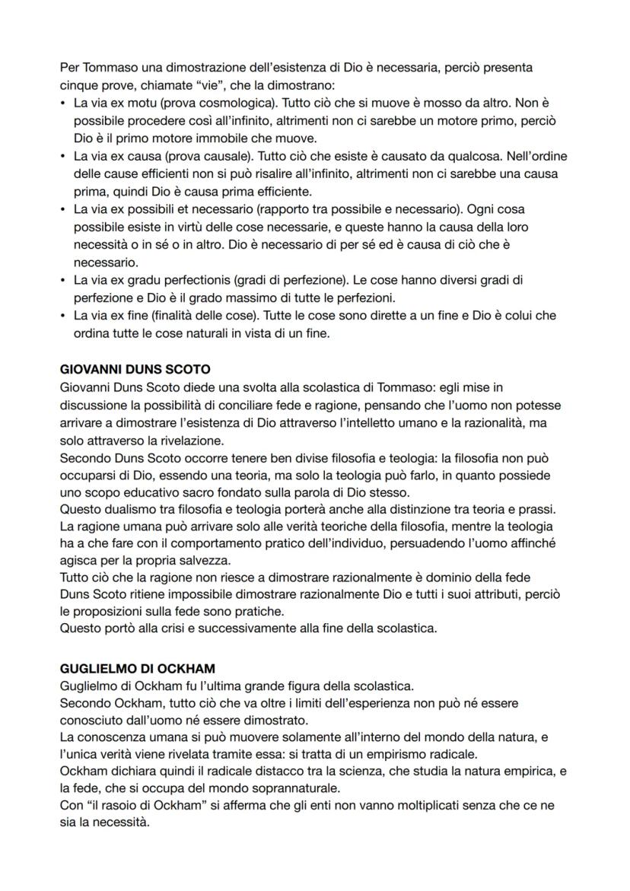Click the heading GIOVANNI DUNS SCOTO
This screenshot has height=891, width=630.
pyautogui.click(x=135, y=369)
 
